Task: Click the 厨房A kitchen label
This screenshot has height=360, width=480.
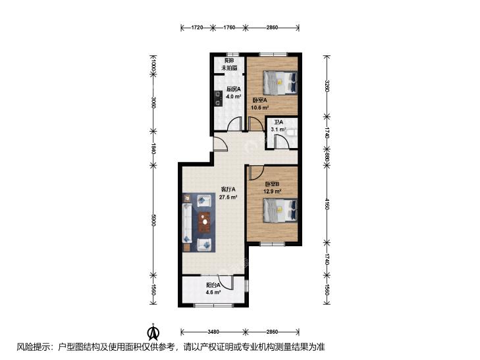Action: click(x=234, y=90)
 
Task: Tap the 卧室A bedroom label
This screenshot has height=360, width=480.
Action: click(x=260, y=100)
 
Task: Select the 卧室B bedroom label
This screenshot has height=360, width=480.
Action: click(x=273, y=184)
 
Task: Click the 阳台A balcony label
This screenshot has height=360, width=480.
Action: click(x=213, y=285)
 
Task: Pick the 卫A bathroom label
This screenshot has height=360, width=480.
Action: click(x=279, y=122)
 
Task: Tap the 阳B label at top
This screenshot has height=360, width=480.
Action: click(x=230, y=61)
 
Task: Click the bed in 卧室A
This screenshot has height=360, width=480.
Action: click(x=280, y=82)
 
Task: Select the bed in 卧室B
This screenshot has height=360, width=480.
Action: click(x=280, y=210)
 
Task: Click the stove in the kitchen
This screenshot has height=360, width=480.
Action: click(x=218, y=99)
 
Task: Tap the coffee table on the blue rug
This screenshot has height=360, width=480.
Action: click(x=205, y=222)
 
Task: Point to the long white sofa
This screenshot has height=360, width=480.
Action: click(x=187, y=223)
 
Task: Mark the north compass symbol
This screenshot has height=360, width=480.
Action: click(x=153, y=332)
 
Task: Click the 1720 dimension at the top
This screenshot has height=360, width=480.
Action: click(x=198, y=28)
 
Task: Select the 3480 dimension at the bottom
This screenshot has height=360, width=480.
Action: click(x=213, y=332)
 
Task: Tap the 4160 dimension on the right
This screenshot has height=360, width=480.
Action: click(x=327, y=204)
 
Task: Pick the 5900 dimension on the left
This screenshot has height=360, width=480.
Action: click(x=153, y=220)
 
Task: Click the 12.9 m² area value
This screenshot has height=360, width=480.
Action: click(x=273, y=192)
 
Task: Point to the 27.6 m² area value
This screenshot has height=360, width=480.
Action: click(x=228, y=197)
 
